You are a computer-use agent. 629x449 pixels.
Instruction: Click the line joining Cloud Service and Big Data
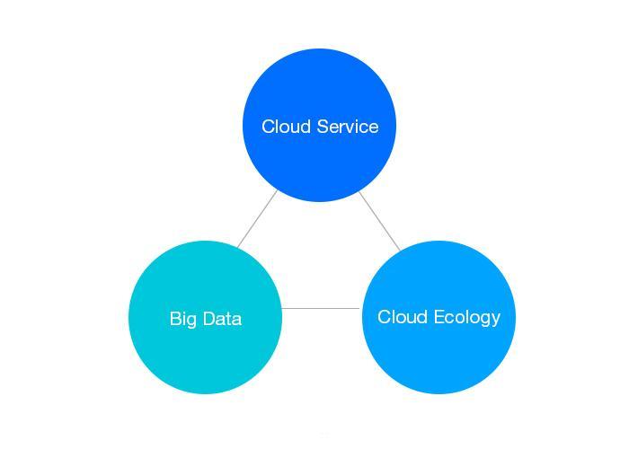[257, 218]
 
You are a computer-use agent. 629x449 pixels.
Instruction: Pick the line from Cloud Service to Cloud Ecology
[379, 220]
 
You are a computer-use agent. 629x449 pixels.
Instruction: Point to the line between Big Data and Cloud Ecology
[321, 309]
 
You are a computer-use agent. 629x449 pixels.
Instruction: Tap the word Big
[182, 319]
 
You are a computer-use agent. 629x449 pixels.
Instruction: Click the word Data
[222, 319]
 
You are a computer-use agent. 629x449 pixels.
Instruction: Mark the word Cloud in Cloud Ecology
[402, 317]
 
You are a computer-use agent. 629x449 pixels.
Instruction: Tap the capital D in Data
[208, 319]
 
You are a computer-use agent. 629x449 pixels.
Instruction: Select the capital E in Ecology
[438, 317]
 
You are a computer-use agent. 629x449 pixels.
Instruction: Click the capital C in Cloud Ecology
[384, 317]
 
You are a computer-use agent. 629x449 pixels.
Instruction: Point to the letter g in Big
[190, 321]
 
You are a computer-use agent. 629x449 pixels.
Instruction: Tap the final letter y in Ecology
[495, 320]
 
